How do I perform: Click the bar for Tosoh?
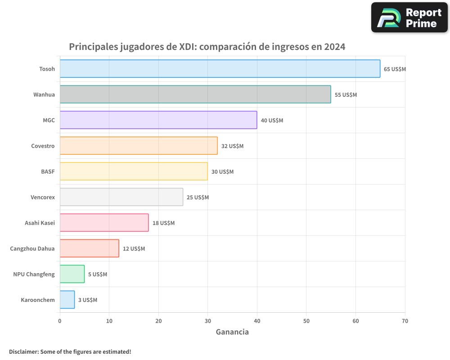(x=220, y=69)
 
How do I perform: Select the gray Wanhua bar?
(x=195, y=94)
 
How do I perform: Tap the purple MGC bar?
(x=158, y=120)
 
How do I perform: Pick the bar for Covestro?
(x=139, y=146)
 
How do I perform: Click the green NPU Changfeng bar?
(x=72, y=274)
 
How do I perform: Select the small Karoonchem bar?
(x=67, y=300)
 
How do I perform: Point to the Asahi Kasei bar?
(x=104, y=223)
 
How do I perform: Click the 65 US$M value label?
(x=395, y=69)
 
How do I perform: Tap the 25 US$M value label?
(x=198, y=198)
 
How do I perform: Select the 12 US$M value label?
(x=134, y=249)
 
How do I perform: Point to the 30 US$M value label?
(x=222, y=172)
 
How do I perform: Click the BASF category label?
(x=48, y=171)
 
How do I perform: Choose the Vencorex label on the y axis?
(x=43, y=197)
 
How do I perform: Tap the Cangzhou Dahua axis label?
(x=32, y=248)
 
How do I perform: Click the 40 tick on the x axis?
(x=257, y=321)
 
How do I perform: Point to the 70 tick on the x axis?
(x=405, y=321)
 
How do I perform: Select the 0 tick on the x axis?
(x=60, y=321)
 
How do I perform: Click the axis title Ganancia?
(x=232, y=332)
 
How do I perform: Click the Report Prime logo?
(x=409, y=18)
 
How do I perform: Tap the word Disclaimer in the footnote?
(x=23, y=351)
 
